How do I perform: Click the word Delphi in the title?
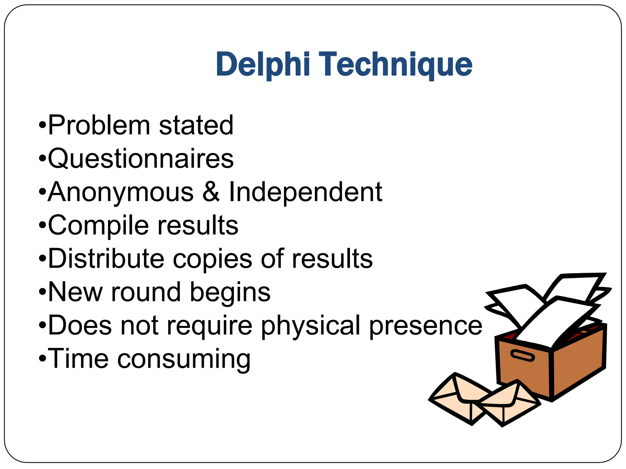point(263,65)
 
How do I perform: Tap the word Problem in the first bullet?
point(99,125)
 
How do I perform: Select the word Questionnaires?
point(141,158)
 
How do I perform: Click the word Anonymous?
point(121,192)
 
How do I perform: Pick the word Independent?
point(305,192)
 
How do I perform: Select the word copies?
point(212,260)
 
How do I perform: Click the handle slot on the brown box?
point(523,356)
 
